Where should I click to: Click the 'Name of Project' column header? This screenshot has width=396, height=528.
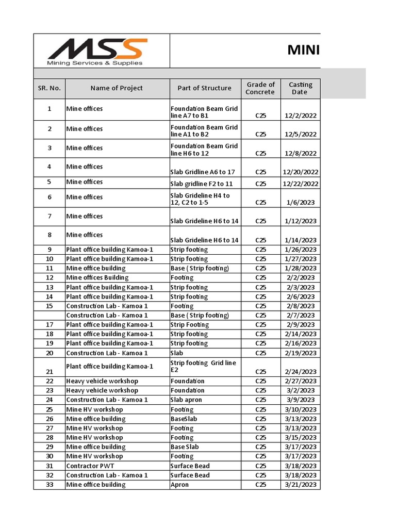117,88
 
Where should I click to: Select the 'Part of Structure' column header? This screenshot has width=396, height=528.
205,88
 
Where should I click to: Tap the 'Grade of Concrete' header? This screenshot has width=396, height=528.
261,88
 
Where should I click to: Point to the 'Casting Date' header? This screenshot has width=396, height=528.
301,88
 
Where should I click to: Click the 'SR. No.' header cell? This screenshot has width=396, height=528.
49,88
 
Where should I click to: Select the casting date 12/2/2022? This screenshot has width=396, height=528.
301,116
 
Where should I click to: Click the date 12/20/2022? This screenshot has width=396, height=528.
301,172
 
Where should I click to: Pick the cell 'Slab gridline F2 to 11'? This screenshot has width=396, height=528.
202,184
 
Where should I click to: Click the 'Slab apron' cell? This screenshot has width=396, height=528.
187,400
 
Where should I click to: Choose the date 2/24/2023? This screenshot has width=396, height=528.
301,372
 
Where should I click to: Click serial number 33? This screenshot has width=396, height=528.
49,485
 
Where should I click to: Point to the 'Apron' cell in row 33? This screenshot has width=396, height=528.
180,485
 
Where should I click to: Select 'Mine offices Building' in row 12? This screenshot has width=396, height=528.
97,277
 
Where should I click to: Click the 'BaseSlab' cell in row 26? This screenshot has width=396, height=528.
184,419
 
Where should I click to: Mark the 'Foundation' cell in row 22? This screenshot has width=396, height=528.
188,381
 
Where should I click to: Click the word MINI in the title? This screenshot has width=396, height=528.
303,50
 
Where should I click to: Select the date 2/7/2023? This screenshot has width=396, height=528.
301,316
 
